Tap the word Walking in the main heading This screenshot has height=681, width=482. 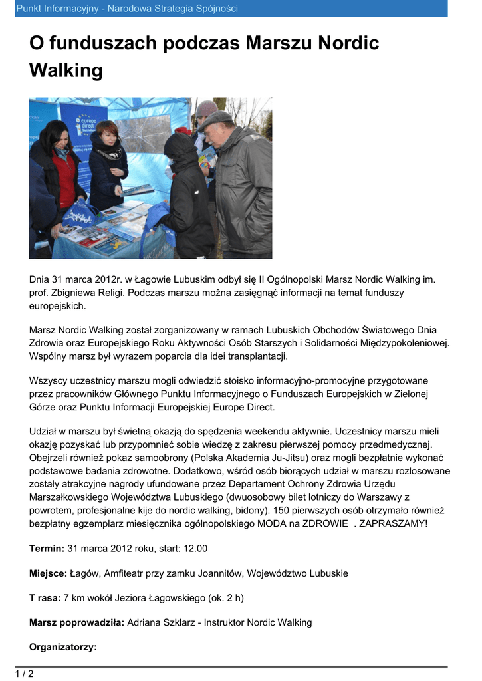point(66,70)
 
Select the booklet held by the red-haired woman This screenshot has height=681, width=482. point(138,190)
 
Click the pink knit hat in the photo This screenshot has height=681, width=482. point(206,108)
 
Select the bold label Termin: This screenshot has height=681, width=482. point(47,549)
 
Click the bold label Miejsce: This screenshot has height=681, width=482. point(48,573)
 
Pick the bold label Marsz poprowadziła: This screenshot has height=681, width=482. point(76,623)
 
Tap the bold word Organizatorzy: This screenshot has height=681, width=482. point(63,647)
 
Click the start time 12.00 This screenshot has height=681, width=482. point(194,549)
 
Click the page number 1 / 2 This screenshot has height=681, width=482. point(24,674)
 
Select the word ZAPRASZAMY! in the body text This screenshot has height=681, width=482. point(394,523)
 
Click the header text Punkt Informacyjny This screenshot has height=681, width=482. point(52,9)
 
